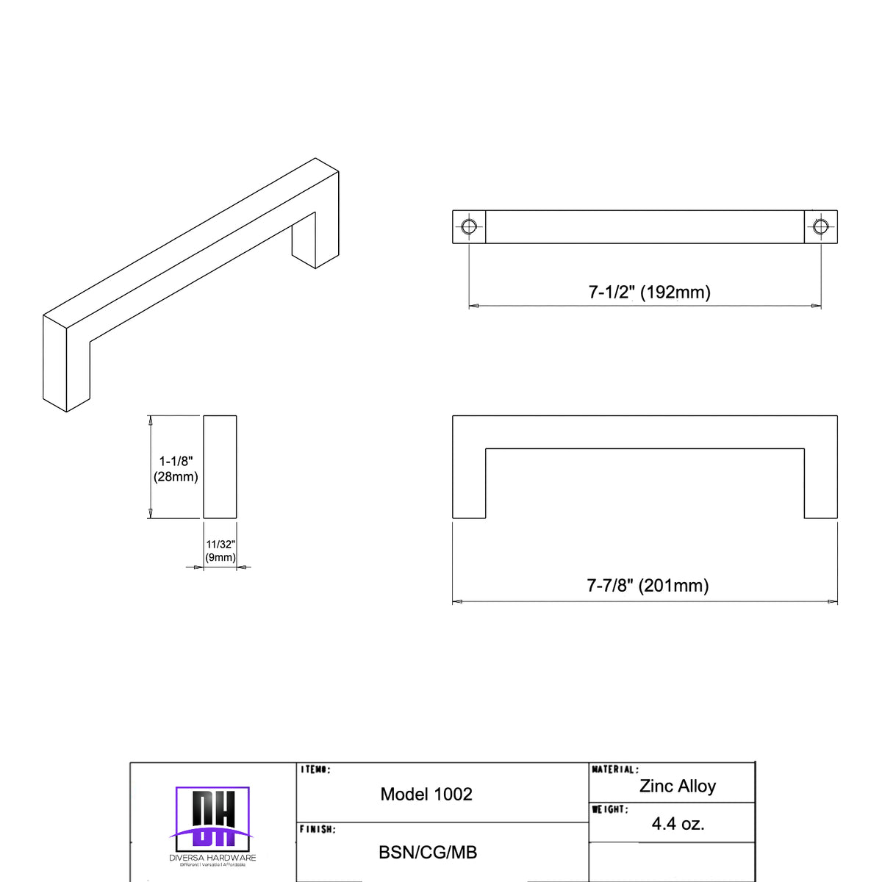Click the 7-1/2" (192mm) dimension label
(x=649, y=292)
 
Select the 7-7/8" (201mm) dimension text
(x=648, y=585)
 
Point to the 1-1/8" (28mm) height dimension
(x=176, y=469)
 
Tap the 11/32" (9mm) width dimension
(x=220, y=551)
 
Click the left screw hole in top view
(x=468, y=226)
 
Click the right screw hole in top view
(x=820, y=226)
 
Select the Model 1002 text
(x=426, y=794)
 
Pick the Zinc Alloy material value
(x=677, y=786)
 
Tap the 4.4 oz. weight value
(x=678, y=824)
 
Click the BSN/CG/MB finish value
(x=428, y=853)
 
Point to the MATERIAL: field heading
(x=615, y=770)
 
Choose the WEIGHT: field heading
(x=610, y=809)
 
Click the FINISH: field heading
(x=318, y=829)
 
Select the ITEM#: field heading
(x=316, y=770)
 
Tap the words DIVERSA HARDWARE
(x=212, y=858)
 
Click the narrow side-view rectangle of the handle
(x=220, y=467)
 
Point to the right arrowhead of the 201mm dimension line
(x=833, y=602)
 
